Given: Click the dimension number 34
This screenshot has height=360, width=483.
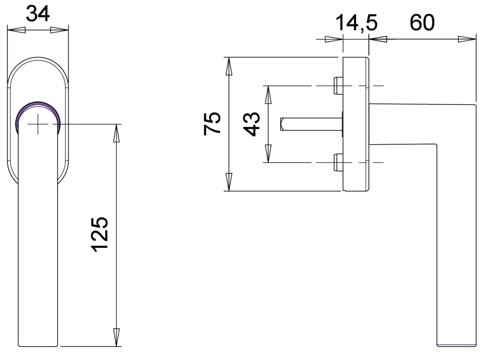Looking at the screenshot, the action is pos(38,14).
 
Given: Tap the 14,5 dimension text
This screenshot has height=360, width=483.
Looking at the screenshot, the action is pos(356,23).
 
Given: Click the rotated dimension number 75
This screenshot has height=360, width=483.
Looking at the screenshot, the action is pos(212,124).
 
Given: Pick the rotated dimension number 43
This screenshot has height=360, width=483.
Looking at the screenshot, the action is pos(252,124).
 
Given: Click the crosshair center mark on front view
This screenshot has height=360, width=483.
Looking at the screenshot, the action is pos(38,124).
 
